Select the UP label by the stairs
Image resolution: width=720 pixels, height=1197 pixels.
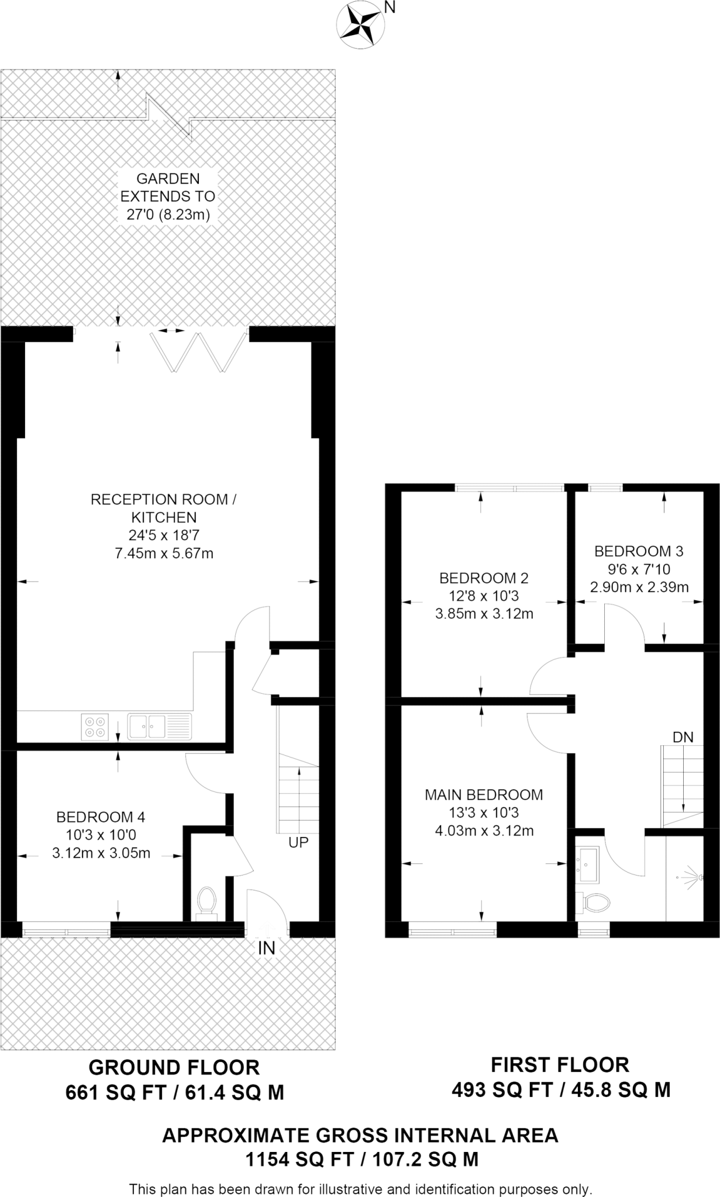[298, 843]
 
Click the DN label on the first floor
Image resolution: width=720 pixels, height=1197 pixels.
[683, 738]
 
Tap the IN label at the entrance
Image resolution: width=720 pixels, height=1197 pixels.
[267, 948]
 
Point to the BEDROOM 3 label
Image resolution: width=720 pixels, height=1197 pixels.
[639, 551]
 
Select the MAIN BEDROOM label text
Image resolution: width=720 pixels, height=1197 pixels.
[484, 795]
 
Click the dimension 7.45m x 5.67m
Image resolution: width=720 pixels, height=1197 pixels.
[164, 553]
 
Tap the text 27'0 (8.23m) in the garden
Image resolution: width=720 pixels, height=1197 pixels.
[168, 215]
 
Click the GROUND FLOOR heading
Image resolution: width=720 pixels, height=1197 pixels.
[174, 1067]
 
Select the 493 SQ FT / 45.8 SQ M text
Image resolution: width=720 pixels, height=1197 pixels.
[560, 1089]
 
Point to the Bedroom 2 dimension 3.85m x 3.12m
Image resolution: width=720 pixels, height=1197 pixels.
[484, 614]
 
